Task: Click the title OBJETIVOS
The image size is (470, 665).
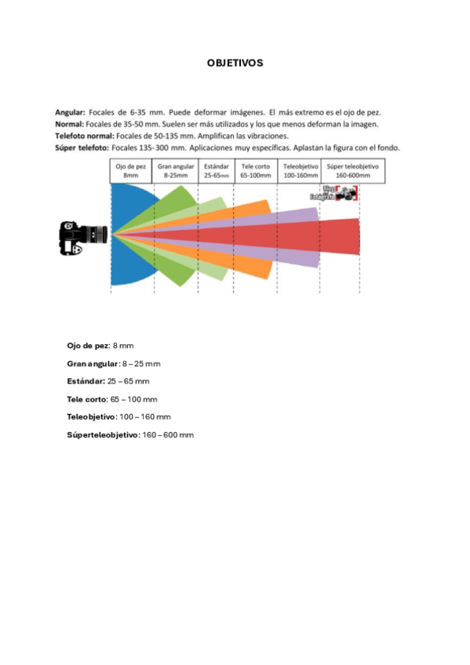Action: tap(235, 62)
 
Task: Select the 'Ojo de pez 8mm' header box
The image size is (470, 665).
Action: tap(130, 171)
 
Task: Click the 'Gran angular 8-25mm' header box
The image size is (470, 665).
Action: tap(176, 171)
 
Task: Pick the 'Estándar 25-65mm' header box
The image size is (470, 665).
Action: tap(217, 171)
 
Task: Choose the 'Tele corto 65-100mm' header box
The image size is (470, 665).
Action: tap(257, 171)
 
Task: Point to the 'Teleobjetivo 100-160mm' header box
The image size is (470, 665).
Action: tap(299, 171)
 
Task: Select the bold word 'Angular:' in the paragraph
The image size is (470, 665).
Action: tap(70, 112)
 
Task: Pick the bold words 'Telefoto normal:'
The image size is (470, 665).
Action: tap(82, 135)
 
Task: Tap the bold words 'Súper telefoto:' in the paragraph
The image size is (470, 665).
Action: tap(82, 147)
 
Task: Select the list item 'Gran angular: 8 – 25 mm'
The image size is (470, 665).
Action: tap(114, 364)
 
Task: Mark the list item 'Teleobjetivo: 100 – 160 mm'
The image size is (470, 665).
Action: tap(119, 416)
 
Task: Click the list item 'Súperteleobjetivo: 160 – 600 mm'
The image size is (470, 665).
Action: tap(130, 434)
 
